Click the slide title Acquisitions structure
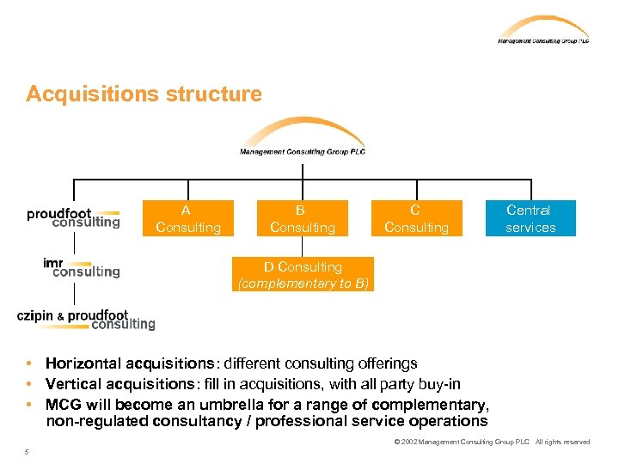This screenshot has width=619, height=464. [x=144, y=94]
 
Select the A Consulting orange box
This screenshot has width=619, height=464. [x=188, y=218]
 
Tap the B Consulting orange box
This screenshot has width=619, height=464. [x=303, y=218]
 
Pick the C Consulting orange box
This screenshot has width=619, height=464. [x=416, y=218]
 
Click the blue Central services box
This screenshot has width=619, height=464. [x=530, y=218]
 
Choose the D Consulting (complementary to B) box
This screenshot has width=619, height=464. [x=303, y=275]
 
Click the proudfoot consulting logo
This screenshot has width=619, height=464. [x=73, y=217]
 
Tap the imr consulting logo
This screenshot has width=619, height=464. [x=82, y=267]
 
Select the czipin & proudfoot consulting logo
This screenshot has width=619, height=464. [x=86, y=319]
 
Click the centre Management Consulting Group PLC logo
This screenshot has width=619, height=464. [x=303, y=137]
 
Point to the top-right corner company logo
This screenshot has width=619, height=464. [x=542, y=30]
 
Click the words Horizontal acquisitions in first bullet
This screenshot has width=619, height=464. [x=125, y=363]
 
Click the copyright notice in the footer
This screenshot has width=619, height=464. [x=491, y=442]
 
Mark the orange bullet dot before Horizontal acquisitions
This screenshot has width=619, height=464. [x=30, y=363]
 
